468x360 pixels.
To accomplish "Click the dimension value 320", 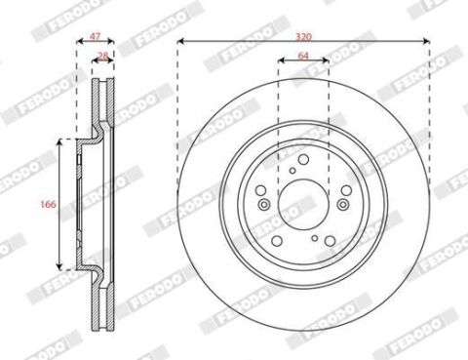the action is click(x=303, y=37).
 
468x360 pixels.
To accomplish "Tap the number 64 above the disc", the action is click(x=303, y=56).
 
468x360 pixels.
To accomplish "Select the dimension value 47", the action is click(x=95, y=37).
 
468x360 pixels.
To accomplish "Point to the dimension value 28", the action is click(x=103, y=56).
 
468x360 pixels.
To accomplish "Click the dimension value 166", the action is click(x=48, y=204).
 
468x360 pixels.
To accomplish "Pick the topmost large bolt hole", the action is click(x=303, y=159).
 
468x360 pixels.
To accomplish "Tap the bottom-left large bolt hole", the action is click(x=277, y=241).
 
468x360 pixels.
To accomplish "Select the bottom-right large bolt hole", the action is click(x=330, y=241).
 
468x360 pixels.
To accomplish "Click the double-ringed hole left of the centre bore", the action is click(x=264, y=205).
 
